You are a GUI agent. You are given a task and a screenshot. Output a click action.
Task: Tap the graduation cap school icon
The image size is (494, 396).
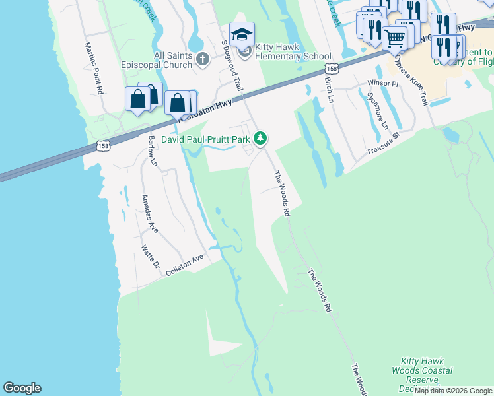tap(242, 34)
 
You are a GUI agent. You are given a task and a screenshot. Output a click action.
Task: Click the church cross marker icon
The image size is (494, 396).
tap(203, 61)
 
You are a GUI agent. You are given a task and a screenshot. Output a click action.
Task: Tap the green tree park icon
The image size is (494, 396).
tap(262, 138)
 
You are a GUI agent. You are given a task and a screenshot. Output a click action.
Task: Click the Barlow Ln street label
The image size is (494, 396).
tap(153, 149)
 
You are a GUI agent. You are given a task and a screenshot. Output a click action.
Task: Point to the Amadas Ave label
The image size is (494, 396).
tap(150, 213)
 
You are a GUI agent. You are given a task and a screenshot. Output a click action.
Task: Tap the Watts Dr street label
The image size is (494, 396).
tap(151, 256)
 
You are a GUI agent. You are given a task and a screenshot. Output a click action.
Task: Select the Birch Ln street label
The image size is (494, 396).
tap(328, 87)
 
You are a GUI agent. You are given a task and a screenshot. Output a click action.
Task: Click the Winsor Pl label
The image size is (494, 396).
tap(383, 84)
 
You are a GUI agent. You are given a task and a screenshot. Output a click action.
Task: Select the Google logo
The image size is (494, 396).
tap(22, 388)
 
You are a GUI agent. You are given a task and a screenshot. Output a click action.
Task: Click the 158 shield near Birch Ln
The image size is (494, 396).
tap(332, 68)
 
